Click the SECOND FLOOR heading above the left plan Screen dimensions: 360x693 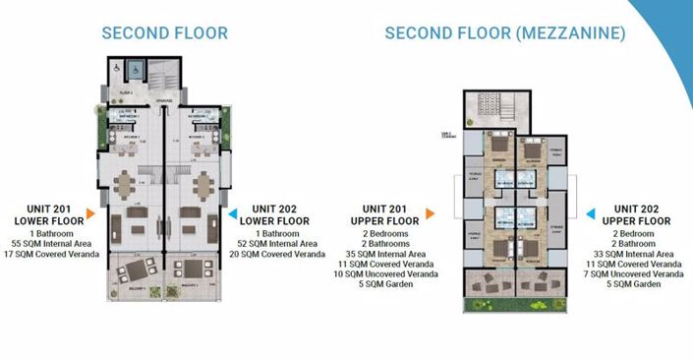click(165, 33)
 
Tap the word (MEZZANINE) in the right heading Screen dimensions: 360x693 click(569, 33)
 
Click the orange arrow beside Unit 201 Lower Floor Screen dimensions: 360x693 click(89, 212)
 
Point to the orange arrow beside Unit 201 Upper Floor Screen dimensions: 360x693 click(430, 212)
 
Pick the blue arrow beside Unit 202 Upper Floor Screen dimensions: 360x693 click(591, 212)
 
